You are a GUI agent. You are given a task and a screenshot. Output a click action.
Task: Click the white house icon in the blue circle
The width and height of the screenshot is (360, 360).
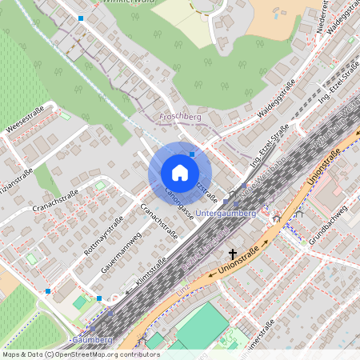[180, 172]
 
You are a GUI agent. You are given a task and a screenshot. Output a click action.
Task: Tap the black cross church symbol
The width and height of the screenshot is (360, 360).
[283, 238]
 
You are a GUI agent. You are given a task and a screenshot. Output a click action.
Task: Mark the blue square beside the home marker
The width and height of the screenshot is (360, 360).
[192, 154]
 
